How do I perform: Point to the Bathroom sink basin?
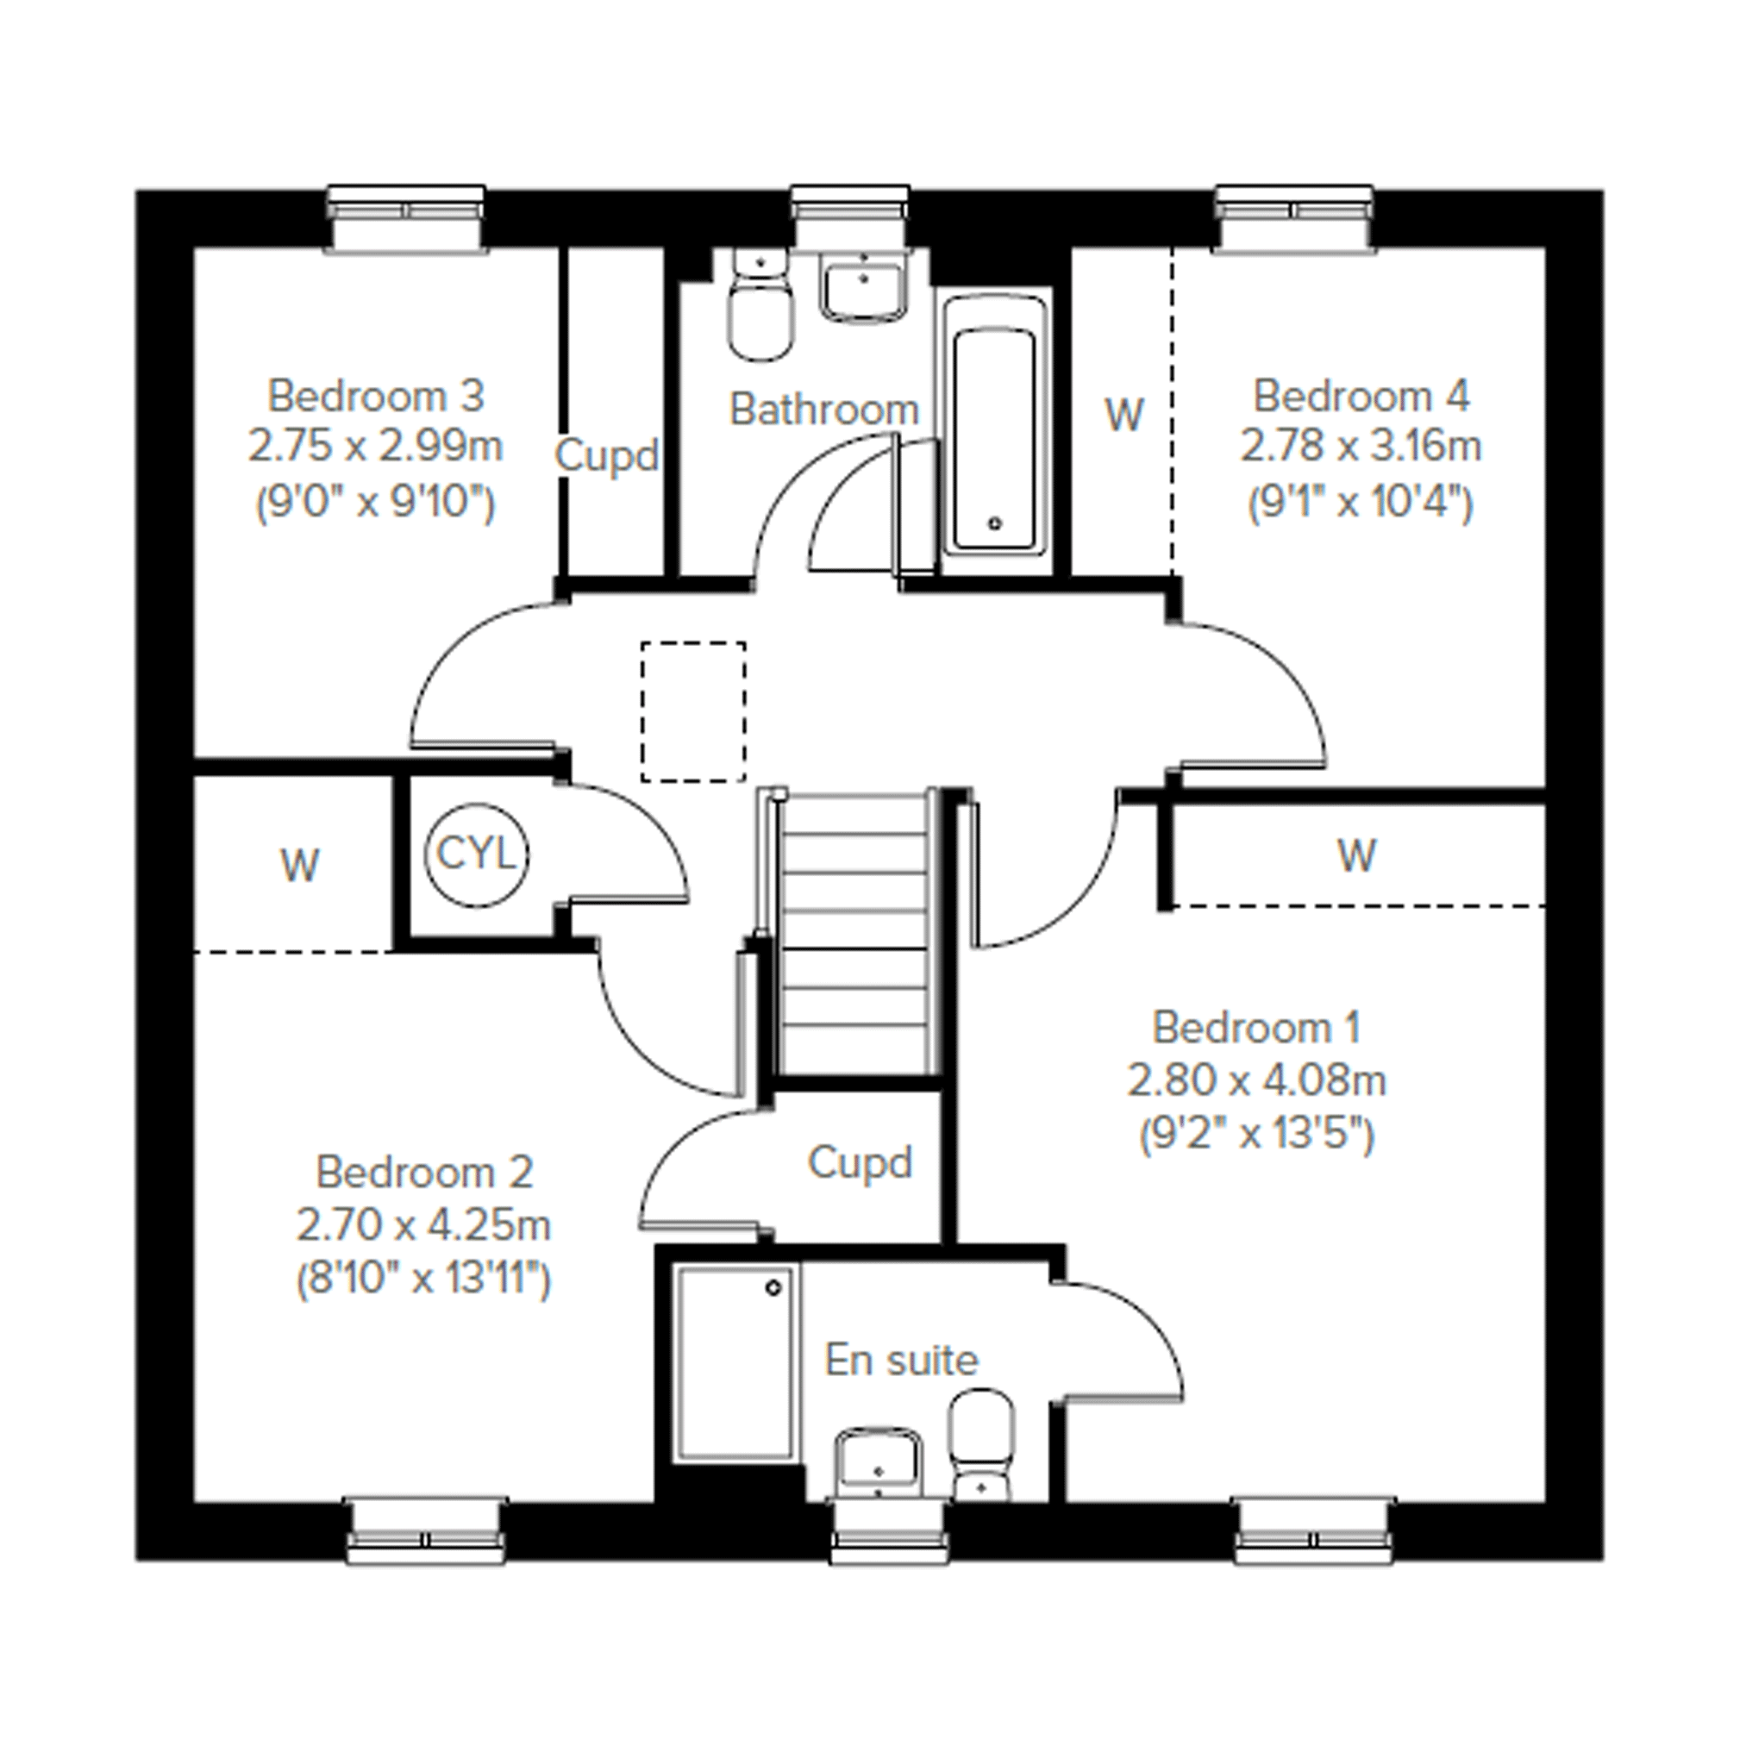click(863, 287)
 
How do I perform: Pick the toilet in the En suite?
click(982, 1446)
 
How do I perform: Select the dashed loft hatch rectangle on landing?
click(694, 712)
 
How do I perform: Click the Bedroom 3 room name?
click(376, 396)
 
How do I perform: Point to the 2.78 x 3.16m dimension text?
click(1361, 447)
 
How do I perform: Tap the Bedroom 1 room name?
click(1256, 1027)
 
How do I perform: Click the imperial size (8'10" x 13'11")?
click(424, 1279)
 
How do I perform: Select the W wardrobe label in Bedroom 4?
click(1124, 415)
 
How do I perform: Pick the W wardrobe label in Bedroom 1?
click(1356, 855)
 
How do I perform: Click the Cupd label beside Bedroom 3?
click(606, 454)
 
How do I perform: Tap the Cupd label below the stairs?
click(860, 1162)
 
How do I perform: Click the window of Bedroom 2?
click(426, 1533)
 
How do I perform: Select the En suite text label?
click(901, 1360)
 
